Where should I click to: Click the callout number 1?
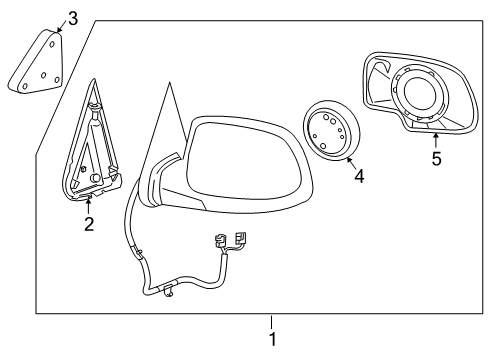272,339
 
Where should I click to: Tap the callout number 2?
88,224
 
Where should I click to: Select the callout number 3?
72,17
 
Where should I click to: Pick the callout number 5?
436,159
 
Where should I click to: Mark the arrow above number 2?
88,203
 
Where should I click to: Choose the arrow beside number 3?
60,25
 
